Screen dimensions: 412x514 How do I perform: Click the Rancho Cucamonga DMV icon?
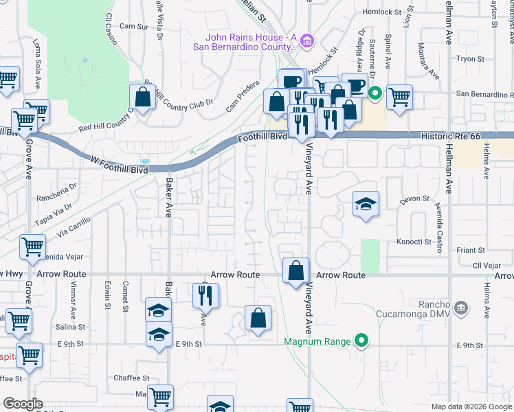click(461, 306)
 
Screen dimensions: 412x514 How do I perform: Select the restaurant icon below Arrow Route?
click(205, 295)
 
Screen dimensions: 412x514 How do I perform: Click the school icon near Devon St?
click(366, 203)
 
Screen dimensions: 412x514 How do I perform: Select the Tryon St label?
click(471, 59)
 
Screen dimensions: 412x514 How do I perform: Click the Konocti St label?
click(414, 242)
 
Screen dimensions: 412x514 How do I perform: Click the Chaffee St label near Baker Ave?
click(131, 378)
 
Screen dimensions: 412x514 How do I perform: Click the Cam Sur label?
click(134, 27)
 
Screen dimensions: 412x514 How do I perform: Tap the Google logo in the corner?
click(23, 404)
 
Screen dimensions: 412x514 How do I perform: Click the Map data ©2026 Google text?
click(471, 406)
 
